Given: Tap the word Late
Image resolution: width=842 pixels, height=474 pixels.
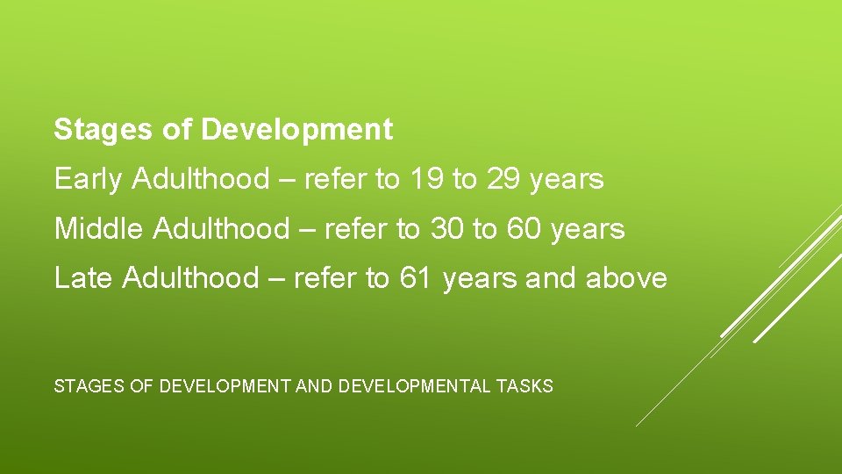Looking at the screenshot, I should pyautogui.click(x=84, y=278).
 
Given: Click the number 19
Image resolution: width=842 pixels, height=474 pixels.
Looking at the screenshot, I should pyautogui.click(x=426, y=180).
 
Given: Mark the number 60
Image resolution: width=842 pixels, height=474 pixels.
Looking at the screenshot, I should pyautogui.click(x=523, y=229).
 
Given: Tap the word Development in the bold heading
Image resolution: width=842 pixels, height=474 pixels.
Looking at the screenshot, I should pyautogui.click(x=297, y=130).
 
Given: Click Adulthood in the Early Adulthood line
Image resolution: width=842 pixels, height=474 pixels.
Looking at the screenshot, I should pyautogui.click(x=201, y=180).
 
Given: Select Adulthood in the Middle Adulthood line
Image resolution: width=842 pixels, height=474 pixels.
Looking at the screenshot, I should pyautogui.click(x=220, y=229).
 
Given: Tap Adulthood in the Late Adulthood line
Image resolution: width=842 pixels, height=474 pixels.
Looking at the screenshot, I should pyautogui.click(x=190, y=278).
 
